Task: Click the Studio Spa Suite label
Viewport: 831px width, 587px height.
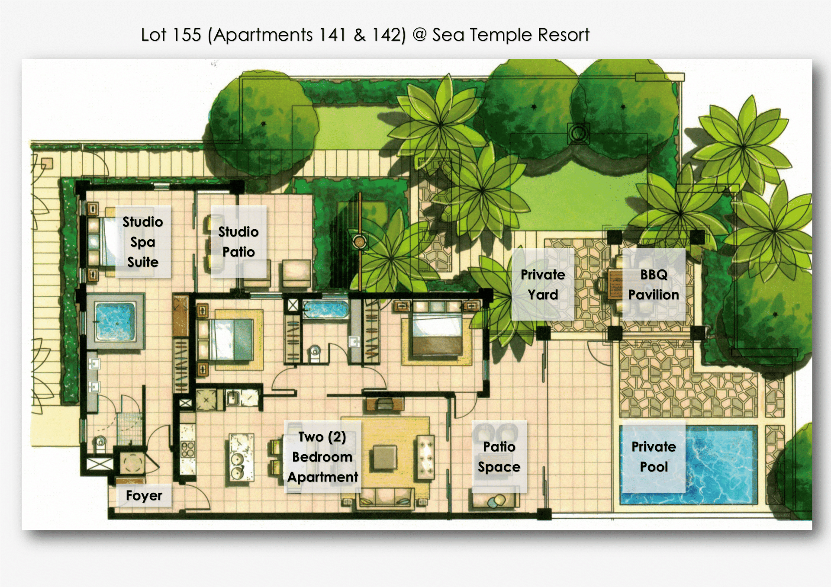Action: point(143,242)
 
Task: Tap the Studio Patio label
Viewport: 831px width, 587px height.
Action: point(238,242)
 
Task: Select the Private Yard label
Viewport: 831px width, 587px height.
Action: point(543,284)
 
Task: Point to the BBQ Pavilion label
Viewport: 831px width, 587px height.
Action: point(654,284)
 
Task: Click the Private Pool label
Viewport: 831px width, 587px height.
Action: point(654,456)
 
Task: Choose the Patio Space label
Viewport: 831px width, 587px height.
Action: point(499,456)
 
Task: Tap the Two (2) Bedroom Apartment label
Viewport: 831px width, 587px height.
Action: point(323,457)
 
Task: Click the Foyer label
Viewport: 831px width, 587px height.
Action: point(144,495)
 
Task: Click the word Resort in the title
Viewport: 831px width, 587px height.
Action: point(564,35)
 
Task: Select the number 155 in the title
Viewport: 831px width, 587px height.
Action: point(187,35)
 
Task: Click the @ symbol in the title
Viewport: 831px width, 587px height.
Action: point(419,34)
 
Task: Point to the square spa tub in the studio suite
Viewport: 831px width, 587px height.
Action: point(116,321)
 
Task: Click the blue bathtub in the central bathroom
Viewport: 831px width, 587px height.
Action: point(326,309)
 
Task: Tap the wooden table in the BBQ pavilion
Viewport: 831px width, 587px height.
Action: point(615,284)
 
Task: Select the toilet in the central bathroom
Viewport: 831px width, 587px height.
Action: point(315,353)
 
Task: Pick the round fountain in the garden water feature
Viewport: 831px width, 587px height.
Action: point(359,241)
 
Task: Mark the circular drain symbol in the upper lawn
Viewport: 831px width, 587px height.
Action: point(578,133)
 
